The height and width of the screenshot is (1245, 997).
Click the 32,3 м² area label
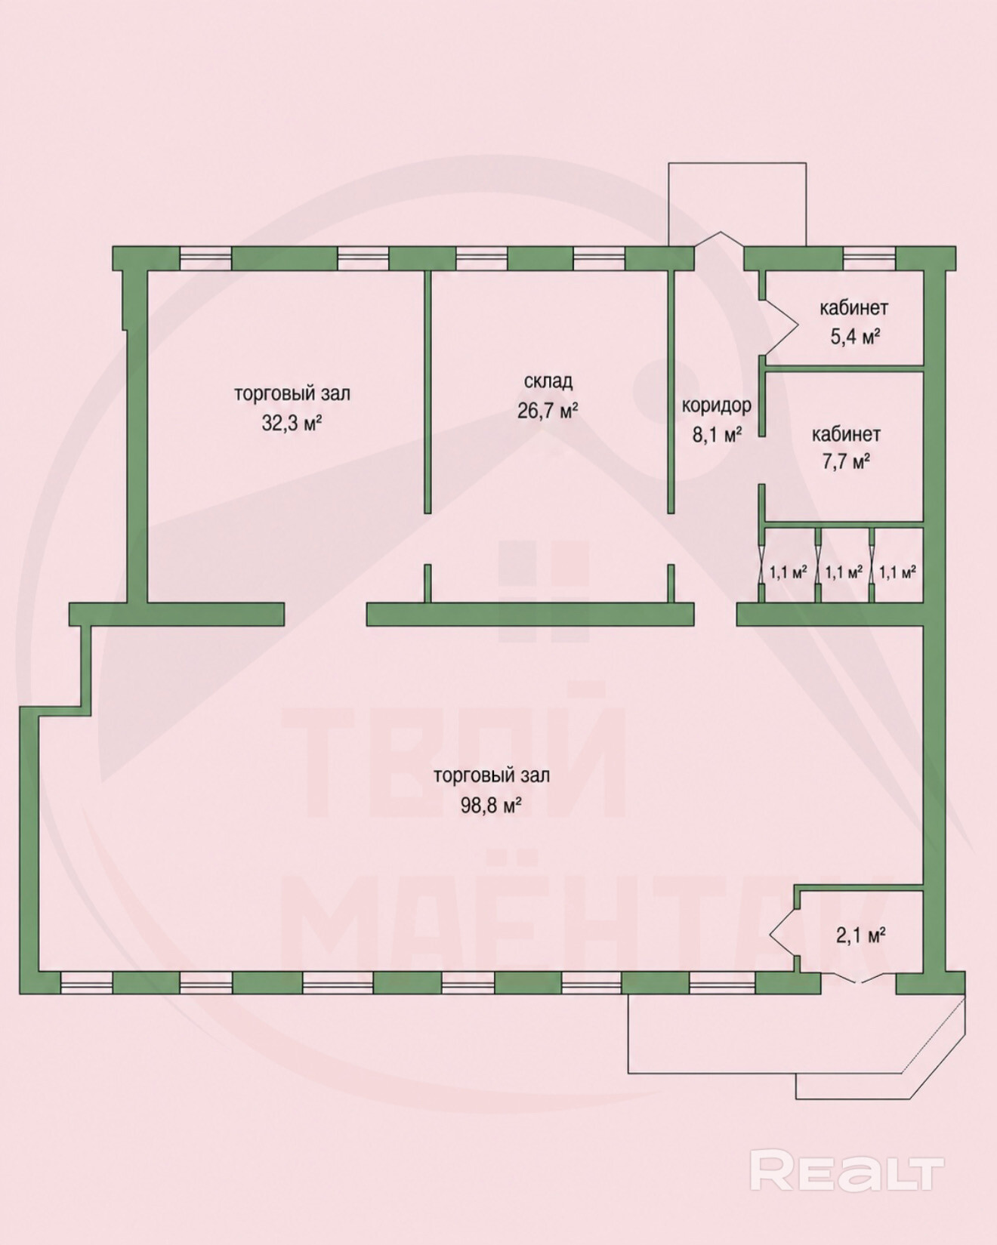292,423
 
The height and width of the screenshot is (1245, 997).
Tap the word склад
548,381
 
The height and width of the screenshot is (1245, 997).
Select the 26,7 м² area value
548,411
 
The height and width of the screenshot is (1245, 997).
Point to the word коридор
717,405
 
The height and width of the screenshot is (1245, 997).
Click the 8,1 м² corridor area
717,434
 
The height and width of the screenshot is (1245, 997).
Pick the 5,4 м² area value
856,337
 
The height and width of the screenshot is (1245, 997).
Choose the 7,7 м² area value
847,461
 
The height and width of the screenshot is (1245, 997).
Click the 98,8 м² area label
492,805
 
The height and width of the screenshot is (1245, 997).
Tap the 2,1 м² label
860,936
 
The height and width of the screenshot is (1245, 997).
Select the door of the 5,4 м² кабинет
779,327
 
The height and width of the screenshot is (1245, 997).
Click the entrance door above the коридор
719,240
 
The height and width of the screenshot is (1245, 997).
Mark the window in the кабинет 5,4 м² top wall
869,259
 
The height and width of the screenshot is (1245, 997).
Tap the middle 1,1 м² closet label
844,572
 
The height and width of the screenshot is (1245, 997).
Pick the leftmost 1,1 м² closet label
788,572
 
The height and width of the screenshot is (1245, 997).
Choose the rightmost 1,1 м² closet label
898,572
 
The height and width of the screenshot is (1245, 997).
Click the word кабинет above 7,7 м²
846,435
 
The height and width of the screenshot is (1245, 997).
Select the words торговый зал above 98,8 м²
492,775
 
